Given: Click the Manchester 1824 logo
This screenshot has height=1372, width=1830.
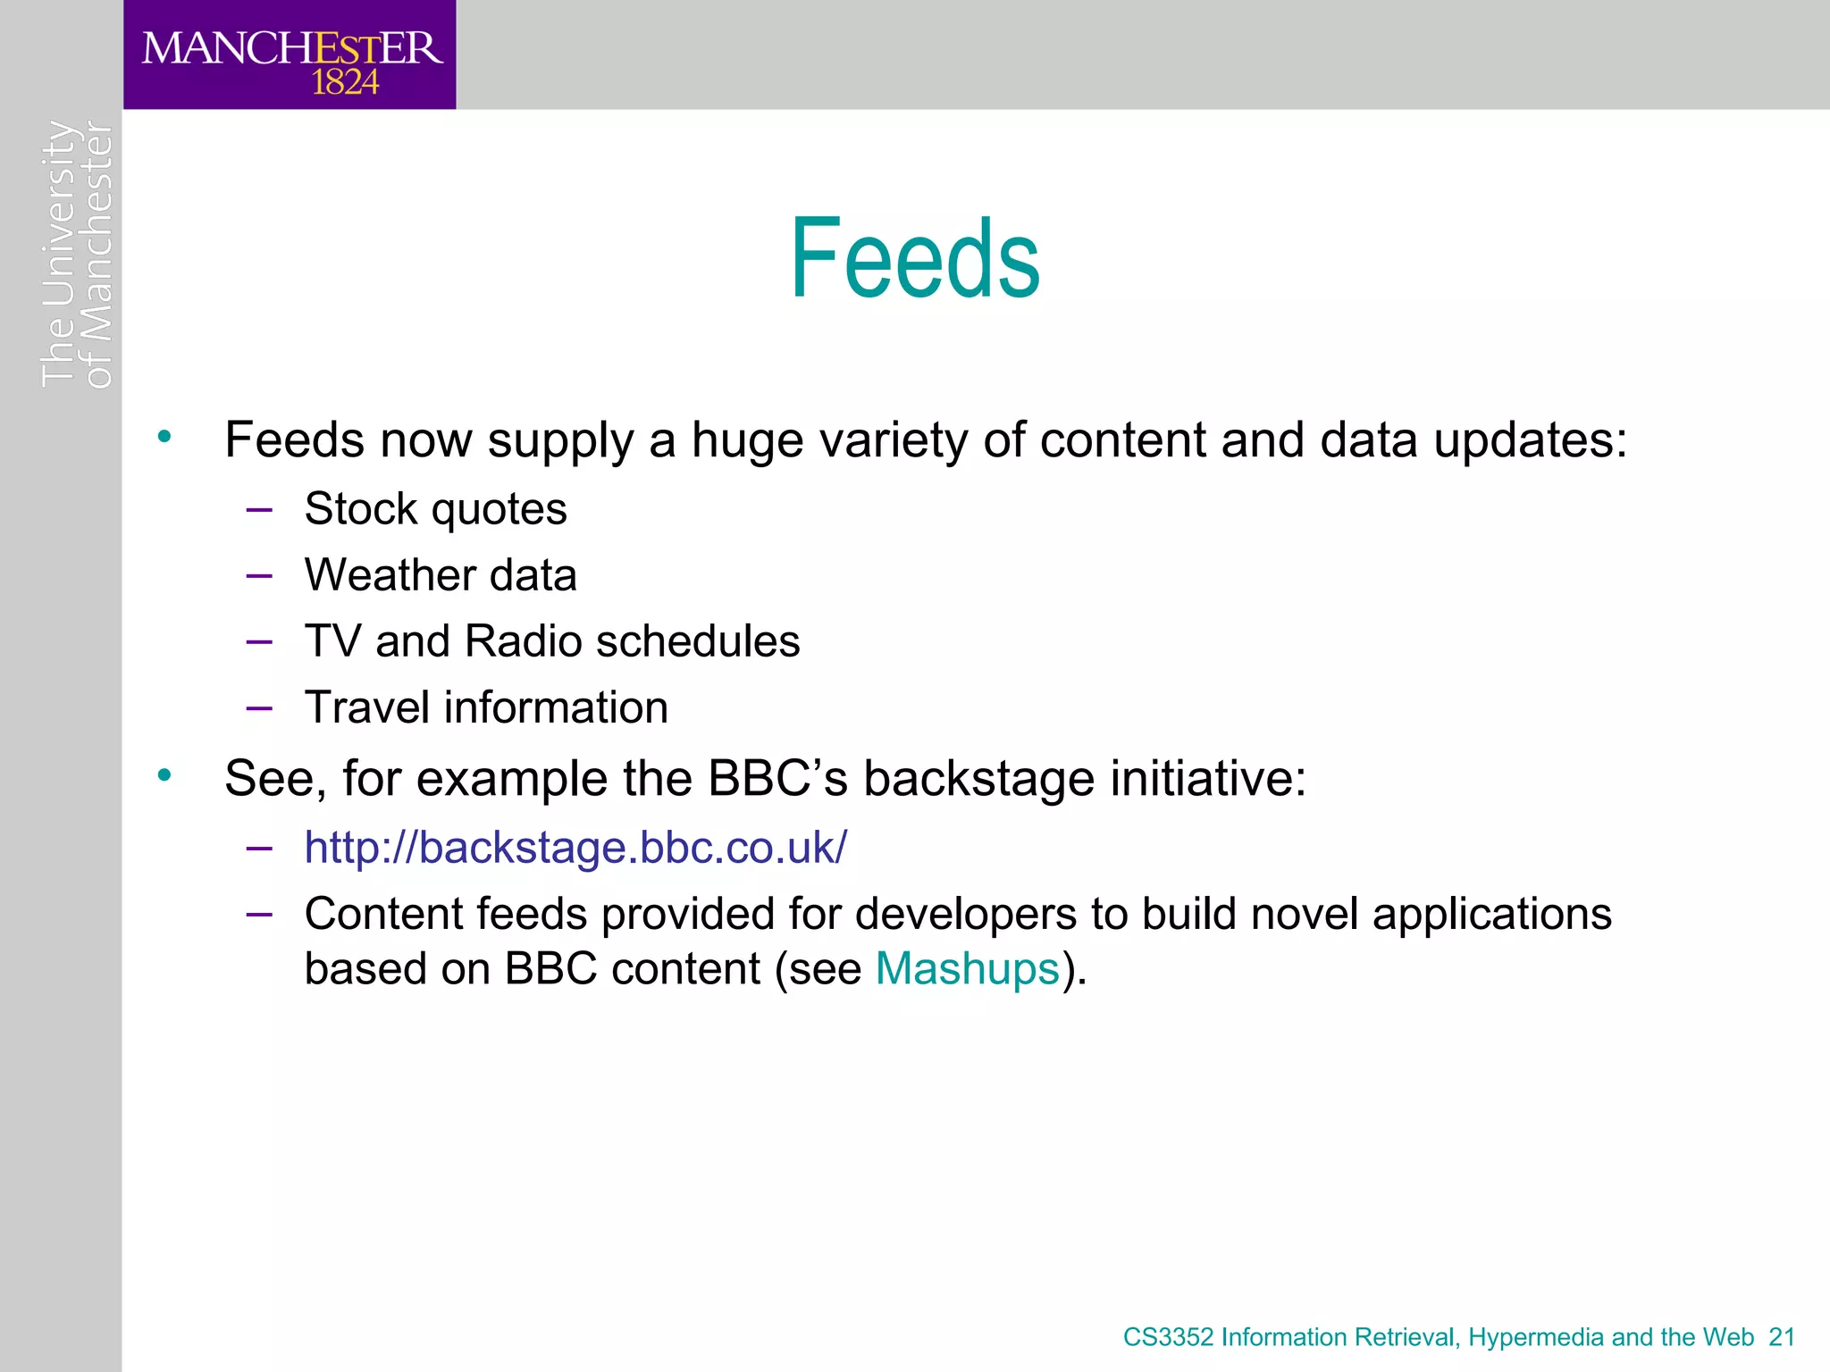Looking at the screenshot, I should [290, 55].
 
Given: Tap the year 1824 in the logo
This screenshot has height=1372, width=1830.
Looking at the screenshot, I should [345, 83].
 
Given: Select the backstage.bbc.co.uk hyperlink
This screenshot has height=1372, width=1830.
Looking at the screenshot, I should [575, 847].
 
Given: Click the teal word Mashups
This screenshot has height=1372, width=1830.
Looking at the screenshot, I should [967, 969].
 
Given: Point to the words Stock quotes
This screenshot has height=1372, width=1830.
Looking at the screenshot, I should [435, 509].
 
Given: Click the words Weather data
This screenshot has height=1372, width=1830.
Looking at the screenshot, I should [441, 575].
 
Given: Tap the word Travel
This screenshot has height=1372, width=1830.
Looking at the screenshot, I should [366, 707].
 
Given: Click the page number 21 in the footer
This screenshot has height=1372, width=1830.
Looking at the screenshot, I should [1782, 1337].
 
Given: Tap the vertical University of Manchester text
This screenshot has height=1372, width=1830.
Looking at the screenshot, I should [78, 255].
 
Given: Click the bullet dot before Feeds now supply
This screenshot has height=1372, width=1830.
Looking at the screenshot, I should [164, 437].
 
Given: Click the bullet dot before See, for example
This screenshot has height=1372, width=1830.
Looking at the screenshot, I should [164, 775].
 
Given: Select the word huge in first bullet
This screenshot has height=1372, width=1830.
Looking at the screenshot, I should [747, 441].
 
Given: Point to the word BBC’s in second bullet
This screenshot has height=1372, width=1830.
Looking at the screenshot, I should [777, 778].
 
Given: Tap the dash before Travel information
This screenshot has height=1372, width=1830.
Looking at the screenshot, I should [259, 708].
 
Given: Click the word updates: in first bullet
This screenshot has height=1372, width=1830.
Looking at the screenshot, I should [1531, 441].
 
